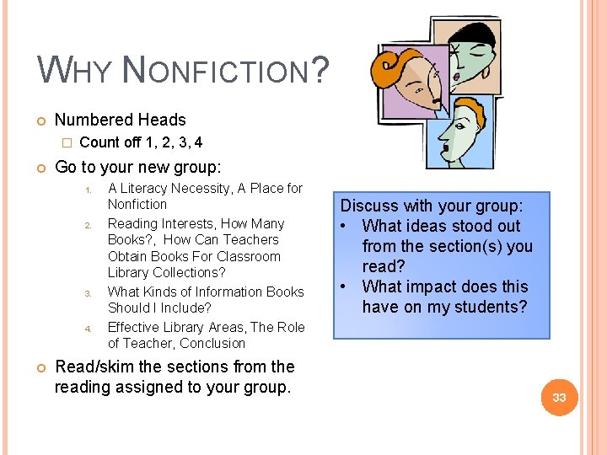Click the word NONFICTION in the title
[x=215, y=70]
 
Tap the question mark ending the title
[x=319, y=69]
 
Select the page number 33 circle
[x=559, y=397]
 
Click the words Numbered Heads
[x=120, y=120]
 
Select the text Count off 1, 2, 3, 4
[x=141, y=142]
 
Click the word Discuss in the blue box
[x=370, y=206]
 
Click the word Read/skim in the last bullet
[x=92, y=367]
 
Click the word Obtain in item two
[x=127, y=256]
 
